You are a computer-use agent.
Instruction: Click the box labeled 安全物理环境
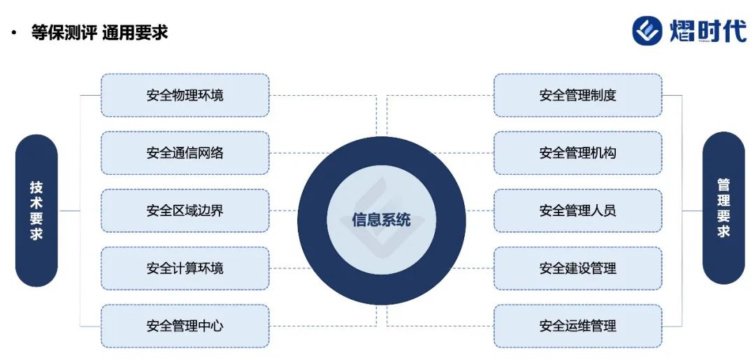tap(185, 95)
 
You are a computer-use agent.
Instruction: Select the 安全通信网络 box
tap(185, 152)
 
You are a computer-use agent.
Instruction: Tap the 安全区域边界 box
tap(185, 210)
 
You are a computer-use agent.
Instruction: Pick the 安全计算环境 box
tap(185, 268)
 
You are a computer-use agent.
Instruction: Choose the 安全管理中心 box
tap(185, 326)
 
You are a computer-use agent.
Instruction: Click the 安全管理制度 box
tap(577, 95)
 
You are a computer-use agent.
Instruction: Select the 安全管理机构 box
tap(577, 152)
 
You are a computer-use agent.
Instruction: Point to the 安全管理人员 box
tap(577, 210)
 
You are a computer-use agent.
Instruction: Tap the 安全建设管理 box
tap(577, 268)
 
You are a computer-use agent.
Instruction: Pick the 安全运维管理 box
tap(577, 326)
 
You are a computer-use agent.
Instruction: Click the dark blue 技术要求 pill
tap(36, 210)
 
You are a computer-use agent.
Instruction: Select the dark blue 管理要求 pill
tap(724, 208)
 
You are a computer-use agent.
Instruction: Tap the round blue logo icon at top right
tap(647, 30)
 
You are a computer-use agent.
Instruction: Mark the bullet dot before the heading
tap(13, 33)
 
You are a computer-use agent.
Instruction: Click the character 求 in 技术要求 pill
tap(36, 233)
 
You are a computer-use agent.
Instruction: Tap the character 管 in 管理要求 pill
tap(724, 185)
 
